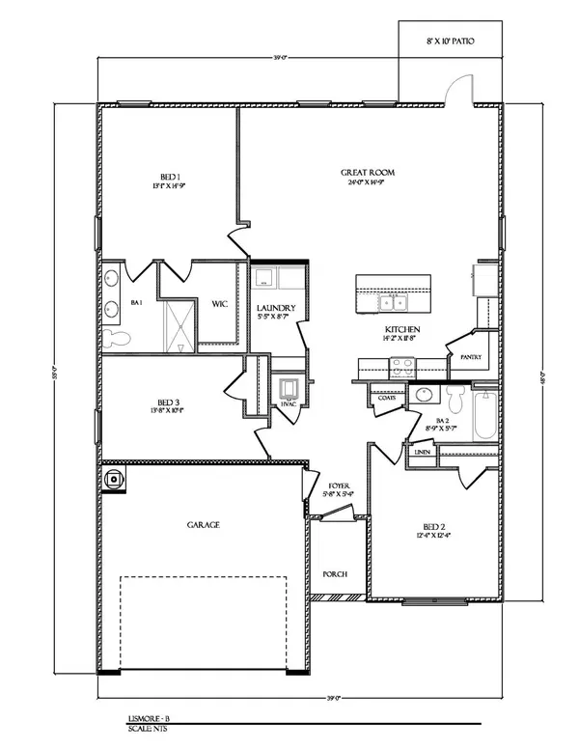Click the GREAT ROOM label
click(368, 173)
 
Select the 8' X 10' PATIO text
click(451, 41)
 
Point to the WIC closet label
click(220, 304)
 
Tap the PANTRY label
click(471, 357)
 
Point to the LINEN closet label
click(421, 451)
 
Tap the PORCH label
click(334, 574)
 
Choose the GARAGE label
click(204, 525)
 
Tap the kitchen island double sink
click(395, 303)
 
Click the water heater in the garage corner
click(115, 477)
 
